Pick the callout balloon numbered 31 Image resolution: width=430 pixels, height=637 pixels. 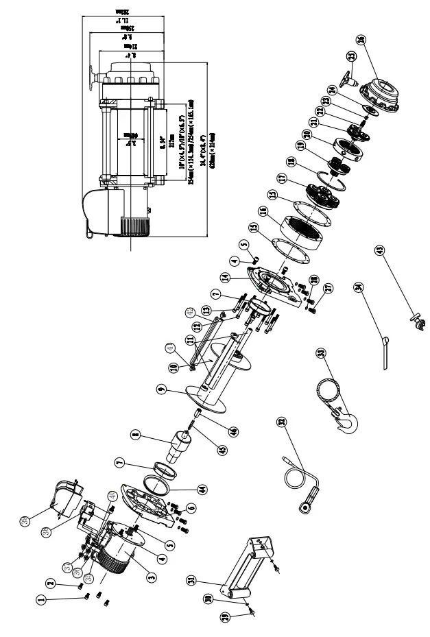[190, 581]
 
